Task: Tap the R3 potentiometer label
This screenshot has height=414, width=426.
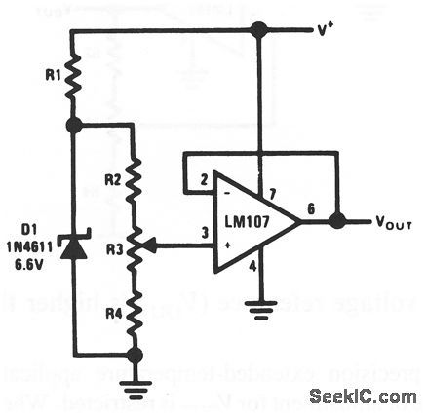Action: point(113,248)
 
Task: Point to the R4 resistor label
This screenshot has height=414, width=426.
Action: point(113,314)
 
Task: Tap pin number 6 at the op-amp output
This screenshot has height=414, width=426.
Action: point(310,207)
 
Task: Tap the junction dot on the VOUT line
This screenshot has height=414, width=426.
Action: point(337,222)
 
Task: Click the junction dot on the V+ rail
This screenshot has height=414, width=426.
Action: point(257,30)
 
